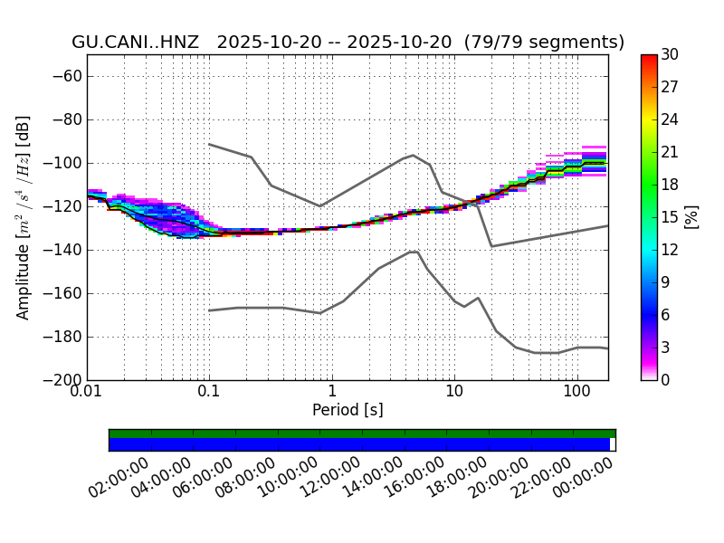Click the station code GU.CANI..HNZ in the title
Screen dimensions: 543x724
(135, 43)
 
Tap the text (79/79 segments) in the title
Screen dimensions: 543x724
(544, 43)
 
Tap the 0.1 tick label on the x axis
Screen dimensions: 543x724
(209, 392)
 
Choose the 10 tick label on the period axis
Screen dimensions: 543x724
(454, 392)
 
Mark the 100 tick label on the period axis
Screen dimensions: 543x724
(576, 392)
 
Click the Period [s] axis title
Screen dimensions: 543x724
(348, 410)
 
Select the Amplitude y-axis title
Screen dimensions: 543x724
(24, 217)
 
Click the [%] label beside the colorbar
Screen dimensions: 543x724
(691, 217)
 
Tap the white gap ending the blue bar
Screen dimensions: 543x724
(612, 444)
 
